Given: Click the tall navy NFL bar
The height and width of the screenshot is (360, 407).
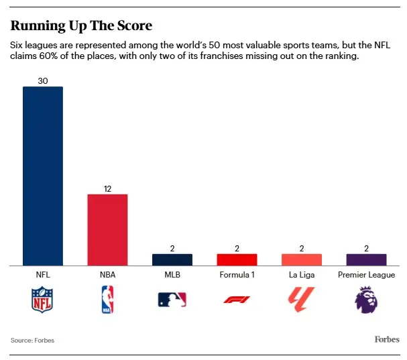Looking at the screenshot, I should pos(43,176).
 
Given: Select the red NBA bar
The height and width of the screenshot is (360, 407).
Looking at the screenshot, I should pos(107,229).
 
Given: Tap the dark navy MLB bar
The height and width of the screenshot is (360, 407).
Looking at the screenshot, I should pos(172,259).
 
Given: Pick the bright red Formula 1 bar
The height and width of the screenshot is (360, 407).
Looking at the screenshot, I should pos(237,259).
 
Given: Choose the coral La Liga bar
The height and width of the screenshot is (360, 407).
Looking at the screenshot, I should pos(301,259).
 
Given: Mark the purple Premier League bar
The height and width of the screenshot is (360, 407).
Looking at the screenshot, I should pos(366,259).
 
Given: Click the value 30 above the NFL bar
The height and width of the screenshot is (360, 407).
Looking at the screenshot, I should pos(43,81).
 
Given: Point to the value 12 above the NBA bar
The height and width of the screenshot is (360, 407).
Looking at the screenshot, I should pos(107,189).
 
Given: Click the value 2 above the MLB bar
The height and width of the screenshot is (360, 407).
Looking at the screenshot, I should pos(172,249).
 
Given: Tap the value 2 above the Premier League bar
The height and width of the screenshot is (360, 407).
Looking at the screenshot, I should pos(366,249).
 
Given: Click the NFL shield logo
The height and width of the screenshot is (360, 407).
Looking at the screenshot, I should pos(43,299).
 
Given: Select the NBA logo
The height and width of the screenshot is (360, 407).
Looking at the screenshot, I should pos(107,299).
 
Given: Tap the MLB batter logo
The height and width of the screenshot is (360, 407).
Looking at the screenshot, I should pos(172,300).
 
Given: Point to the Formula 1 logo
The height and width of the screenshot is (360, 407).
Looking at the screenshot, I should pos(237,300).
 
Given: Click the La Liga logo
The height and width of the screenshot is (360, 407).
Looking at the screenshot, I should pos(301,299).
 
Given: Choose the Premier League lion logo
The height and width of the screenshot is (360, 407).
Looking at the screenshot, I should pos(366,299).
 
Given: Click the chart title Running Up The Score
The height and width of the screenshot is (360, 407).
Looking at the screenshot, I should pos(81,26).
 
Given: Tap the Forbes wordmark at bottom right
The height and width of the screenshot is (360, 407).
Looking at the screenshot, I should pos(386,339).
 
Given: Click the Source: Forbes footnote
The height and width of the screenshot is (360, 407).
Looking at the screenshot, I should pos(32,341).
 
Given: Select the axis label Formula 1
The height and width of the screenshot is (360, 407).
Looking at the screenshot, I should pos(237,275).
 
